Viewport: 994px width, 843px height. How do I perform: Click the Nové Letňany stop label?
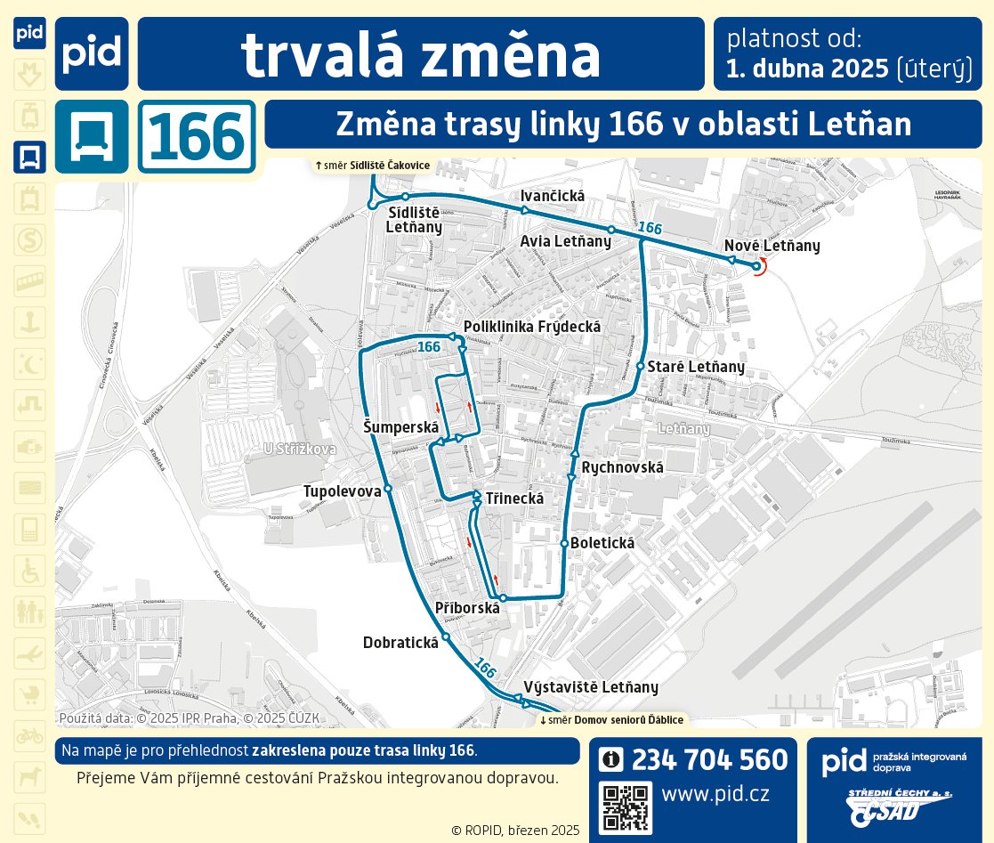[x=772, y=246]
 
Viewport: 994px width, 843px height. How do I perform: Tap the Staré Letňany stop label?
[x=695, y=367]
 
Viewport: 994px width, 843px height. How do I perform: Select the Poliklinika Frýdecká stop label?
[x=532, y=327]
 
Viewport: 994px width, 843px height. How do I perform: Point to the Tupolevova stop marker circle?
[x=388, y=490]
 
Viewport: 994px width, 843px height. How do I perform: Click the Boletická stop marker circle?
[x=564, y=543]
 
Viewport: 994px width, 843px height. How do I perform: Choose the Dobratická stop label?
[x=400, y=642]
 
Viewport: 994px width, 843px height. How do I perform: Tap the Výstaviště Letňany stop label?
[x=591, y=686]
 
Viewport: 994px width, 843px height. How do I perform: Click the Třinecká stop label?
[x=514, y=498]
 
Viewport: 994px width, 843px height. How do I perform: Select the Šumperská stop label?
[x=401, y=427]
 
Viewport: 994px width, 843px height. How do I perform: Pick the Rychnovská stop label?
[x=623, y=466]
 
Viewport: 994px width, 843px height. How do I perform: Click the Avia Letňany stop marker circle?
[x=610, y=230]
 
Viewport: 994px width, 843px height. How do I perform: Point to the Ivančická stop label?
[x=551, y=196]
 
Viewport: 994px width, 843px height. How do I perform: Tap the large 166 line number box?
[x=197, y=137]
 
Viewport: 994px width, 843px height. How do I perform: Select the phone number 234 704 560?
[x=709, y=759]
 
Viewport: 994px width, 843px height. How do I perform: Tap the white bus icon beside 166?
[x=92, y=137]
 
